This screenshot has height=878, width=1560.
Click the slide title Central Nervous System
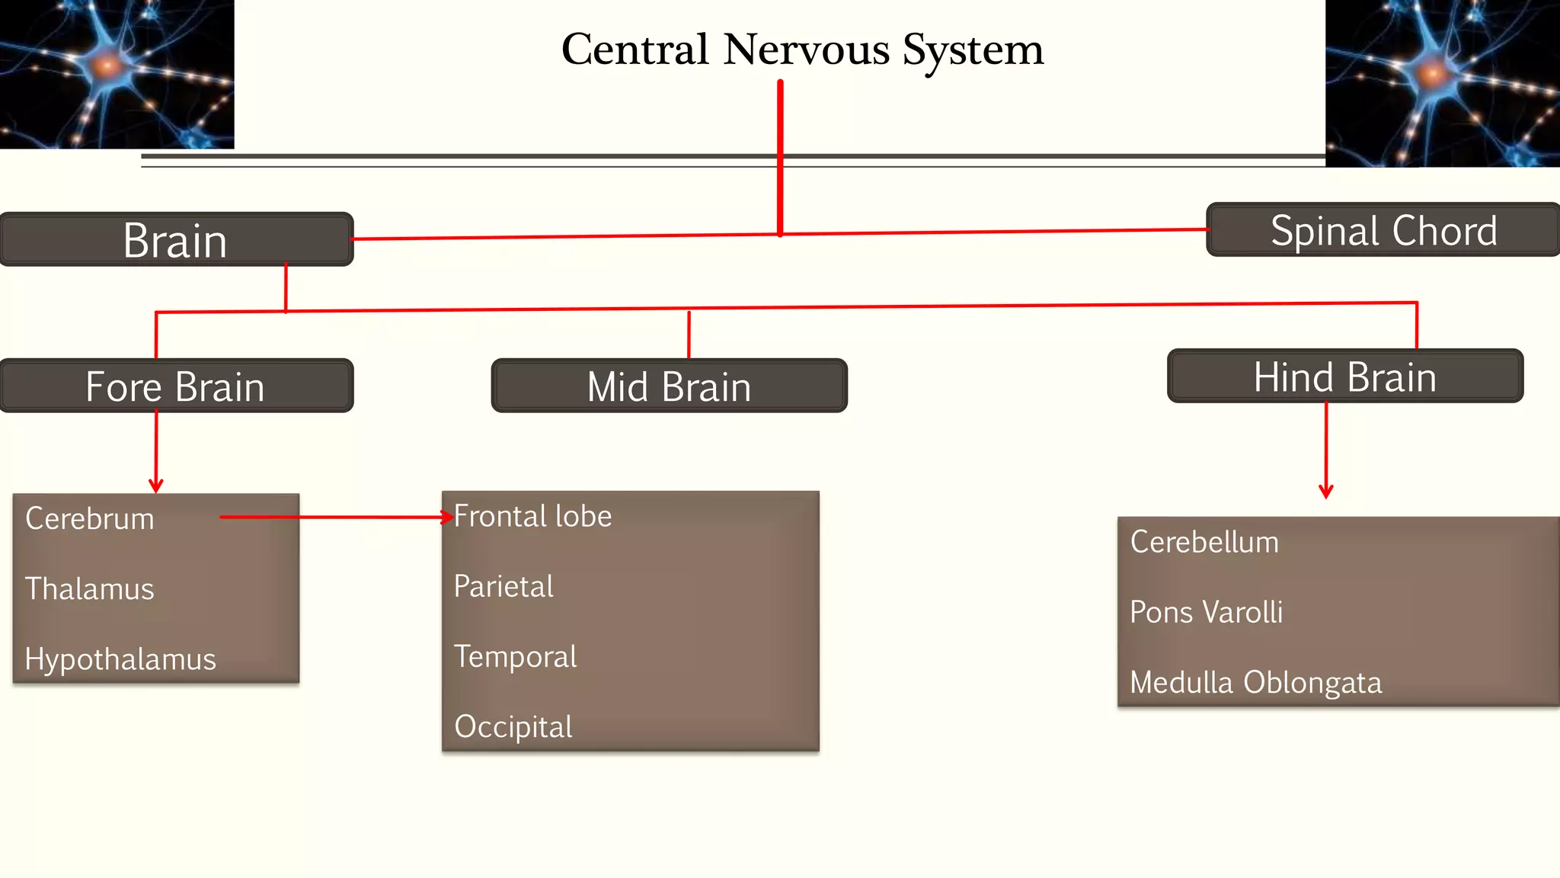click(802, 50)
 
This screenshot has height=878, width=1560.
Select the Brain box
click(176, 240)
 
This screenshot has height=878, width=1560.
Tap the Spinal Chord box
click(1383, 230)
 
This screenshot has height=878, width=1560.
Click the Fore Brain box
click(176, 386)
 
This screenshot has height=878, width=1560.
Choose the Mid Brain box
click(669, 386)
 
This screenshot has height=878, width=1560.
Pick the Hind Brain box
click(1345, 377)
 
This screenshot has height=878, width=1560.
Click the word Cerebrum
click(90, 519)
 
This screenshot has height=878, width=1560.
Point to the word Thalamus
click(90, 589)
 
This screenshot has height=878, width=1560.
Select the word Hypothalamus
click(120, 659)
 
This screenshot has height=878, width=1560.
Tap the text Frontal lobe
click(533, 517)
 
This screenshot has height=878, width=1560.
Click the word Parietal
click(503, 587)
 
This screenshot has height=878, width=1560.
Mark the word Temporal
click(516, 657)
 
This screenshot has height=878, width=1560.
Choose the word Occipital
click(513, 727)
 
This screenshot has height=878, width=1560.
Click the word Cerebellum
click(1204, 542)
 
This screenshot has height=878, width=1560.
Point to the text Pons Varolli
click(1207, 612)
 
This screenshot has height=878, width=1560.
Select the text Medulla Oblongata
click(1255, 682)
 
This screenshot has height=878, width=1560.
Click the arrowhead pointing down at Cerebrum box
click(156, 486)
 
